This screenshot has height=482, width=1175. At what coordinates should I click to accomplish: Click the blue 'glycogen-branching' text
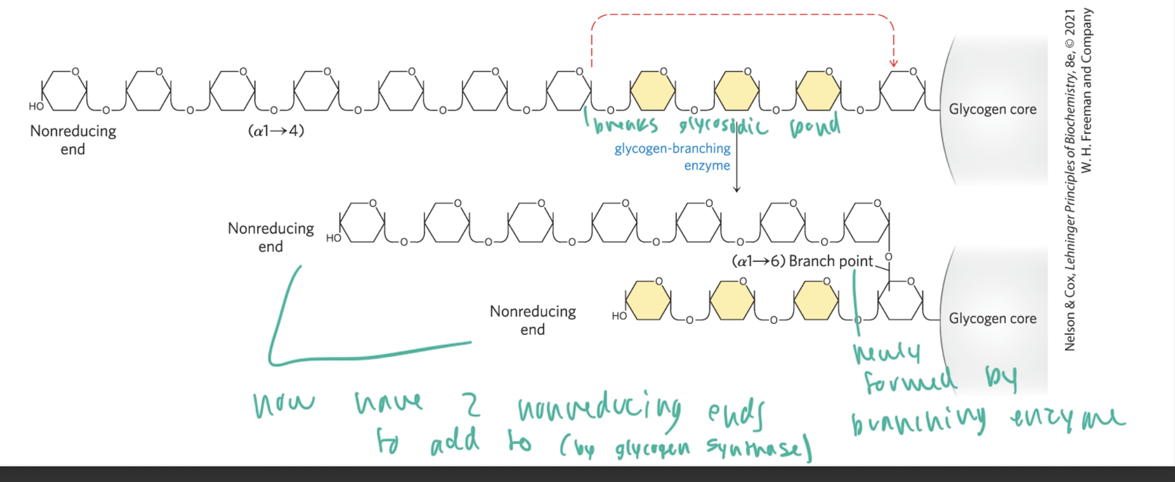pyautogui.click(x=672, y=149)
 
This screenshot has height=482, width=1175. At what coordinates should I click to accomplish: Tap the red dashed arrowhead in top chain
pyautogui.click(x=893, y=63)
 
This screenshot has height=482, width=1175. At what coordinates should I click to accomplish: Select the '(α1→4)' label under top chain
pyautogui.click(x=276, y=131)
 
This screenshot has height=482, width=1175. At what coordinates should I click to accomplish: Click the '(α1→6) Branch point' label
pyautogui.click(x=802, y=261)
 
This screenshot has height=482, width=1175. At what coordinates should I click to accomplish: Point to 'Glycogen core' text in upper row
pyautogui.click(x=992, y=109)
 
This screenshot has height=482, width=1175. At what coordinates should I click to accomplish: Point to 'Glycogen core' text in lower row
pyautogui.click(x=992, y=319)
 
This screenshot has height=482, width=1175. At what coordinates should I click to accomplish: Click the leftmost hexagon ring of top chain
pyautogui.click(x=64, y=91)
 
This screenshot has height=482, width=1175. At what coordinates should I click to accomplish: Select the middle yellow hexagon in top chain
pyautogui.click(x=736, y=91)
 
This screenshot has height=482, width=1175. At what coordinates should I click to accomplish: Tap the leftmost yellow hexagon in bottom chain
pyautogui.click(x=648, y=301)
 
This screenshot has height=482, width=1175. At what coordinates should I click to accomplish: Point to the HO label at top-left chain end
pyautogui.click(x=36, y=106)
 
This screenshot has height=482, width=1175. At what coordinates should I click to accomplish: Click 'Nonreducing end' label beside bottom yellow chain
pyautogui.click(x=532, y=320)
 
